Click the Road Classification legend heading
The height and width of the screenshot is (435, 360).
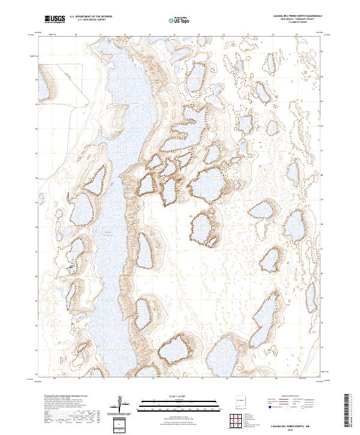(x=290, y=397)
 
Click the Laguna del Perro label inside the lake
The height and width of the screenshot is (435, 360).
(x=108, y=232)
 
